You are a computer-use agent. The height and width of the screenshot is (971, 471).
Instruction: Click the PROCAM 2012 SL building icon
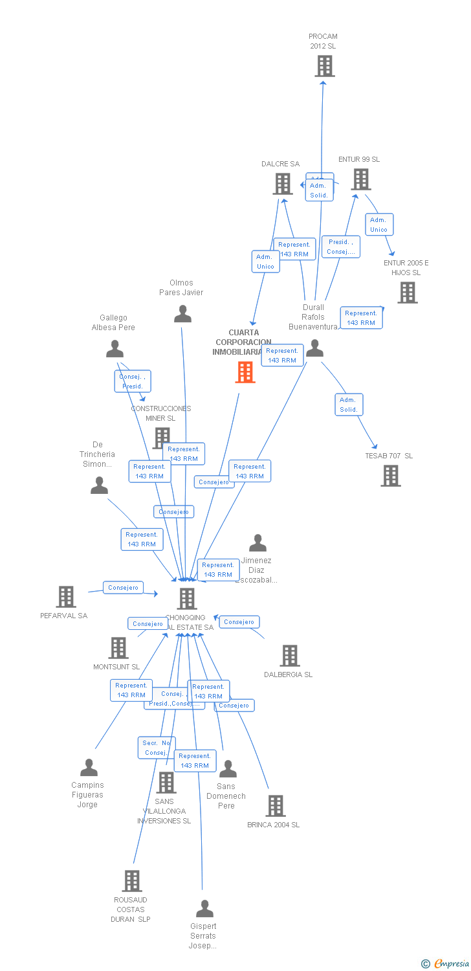(x=324, y=66)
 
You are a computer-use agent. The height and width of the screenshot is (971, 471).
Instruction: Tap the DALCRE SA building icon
(x=283, y=184)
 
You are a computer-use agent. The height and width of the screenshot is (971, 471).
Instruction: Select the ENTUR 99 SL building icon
(x=360, y=179)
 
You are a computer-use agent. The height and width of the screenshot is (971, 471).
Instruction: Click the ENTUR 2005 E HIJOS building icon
(x=407, y=293)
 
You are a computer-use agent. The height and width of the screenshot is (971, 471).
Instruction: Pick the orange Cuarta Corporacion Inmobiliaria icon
(x=245, y=372)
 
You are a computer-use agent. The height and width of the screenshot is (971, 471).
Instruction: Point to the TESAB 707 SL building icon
(x=390, y=476)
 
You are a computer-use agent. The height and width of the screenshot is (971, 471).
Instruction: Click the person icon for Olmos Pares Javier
(x=183, y=314)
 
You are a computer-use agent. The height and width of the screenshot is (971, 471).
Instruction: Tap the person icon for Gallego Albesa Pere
(x=115, y=350)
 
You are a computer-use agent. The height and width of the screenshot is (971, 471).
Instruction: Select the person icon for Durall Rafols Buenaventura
(x=314, y=349)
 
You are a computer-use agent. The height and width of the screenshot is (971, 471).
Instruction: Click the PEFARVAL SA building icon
(x=65, y=597)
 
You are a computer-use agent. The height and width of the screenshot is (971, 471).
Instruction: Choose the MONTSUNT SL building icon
(x=118, y=647)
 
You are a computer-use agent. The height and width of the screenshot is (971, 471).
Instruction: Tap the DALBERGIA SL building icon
(x=289, y=656)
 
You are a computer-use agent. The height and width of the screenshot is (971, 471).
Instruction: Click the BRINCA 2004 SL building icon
(x=275, y=806)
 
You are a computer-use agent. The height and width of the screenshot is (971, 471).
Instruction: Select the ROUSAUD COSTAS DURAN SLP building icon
(x=132, y=881)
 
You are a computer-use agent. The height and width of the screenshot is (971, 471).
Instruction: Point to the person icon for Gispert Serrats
(x=204, y=909)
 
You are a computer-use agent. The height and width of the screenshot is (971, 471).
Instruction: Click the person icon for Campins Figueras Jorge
(x=89, y=768)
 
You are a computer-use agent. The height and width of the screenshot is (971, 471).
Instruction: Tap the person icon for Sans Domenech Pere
(x=228, y=769)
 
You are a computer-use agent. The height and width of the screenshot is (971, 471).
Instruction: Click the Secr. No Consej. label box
(x=157, y=748)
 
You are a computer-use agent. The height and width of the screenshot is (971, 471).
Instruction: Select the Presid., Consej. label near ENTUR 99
(x=341, y=247)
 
